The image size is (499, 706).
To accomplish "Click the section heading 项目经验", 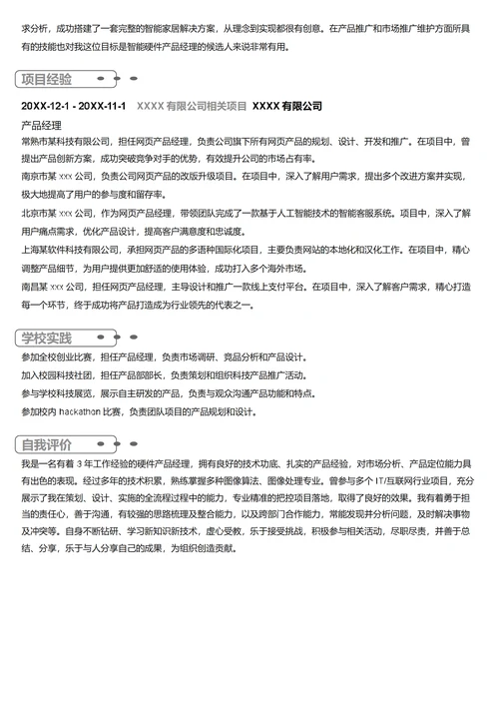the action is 46,80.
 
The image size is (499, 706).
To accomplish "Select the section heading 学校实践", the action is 46,338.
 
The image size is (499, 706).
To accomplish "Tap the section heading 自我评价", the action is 46,444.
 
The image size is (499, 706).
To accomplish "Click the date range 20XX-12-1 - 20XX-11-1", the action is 73,107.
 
